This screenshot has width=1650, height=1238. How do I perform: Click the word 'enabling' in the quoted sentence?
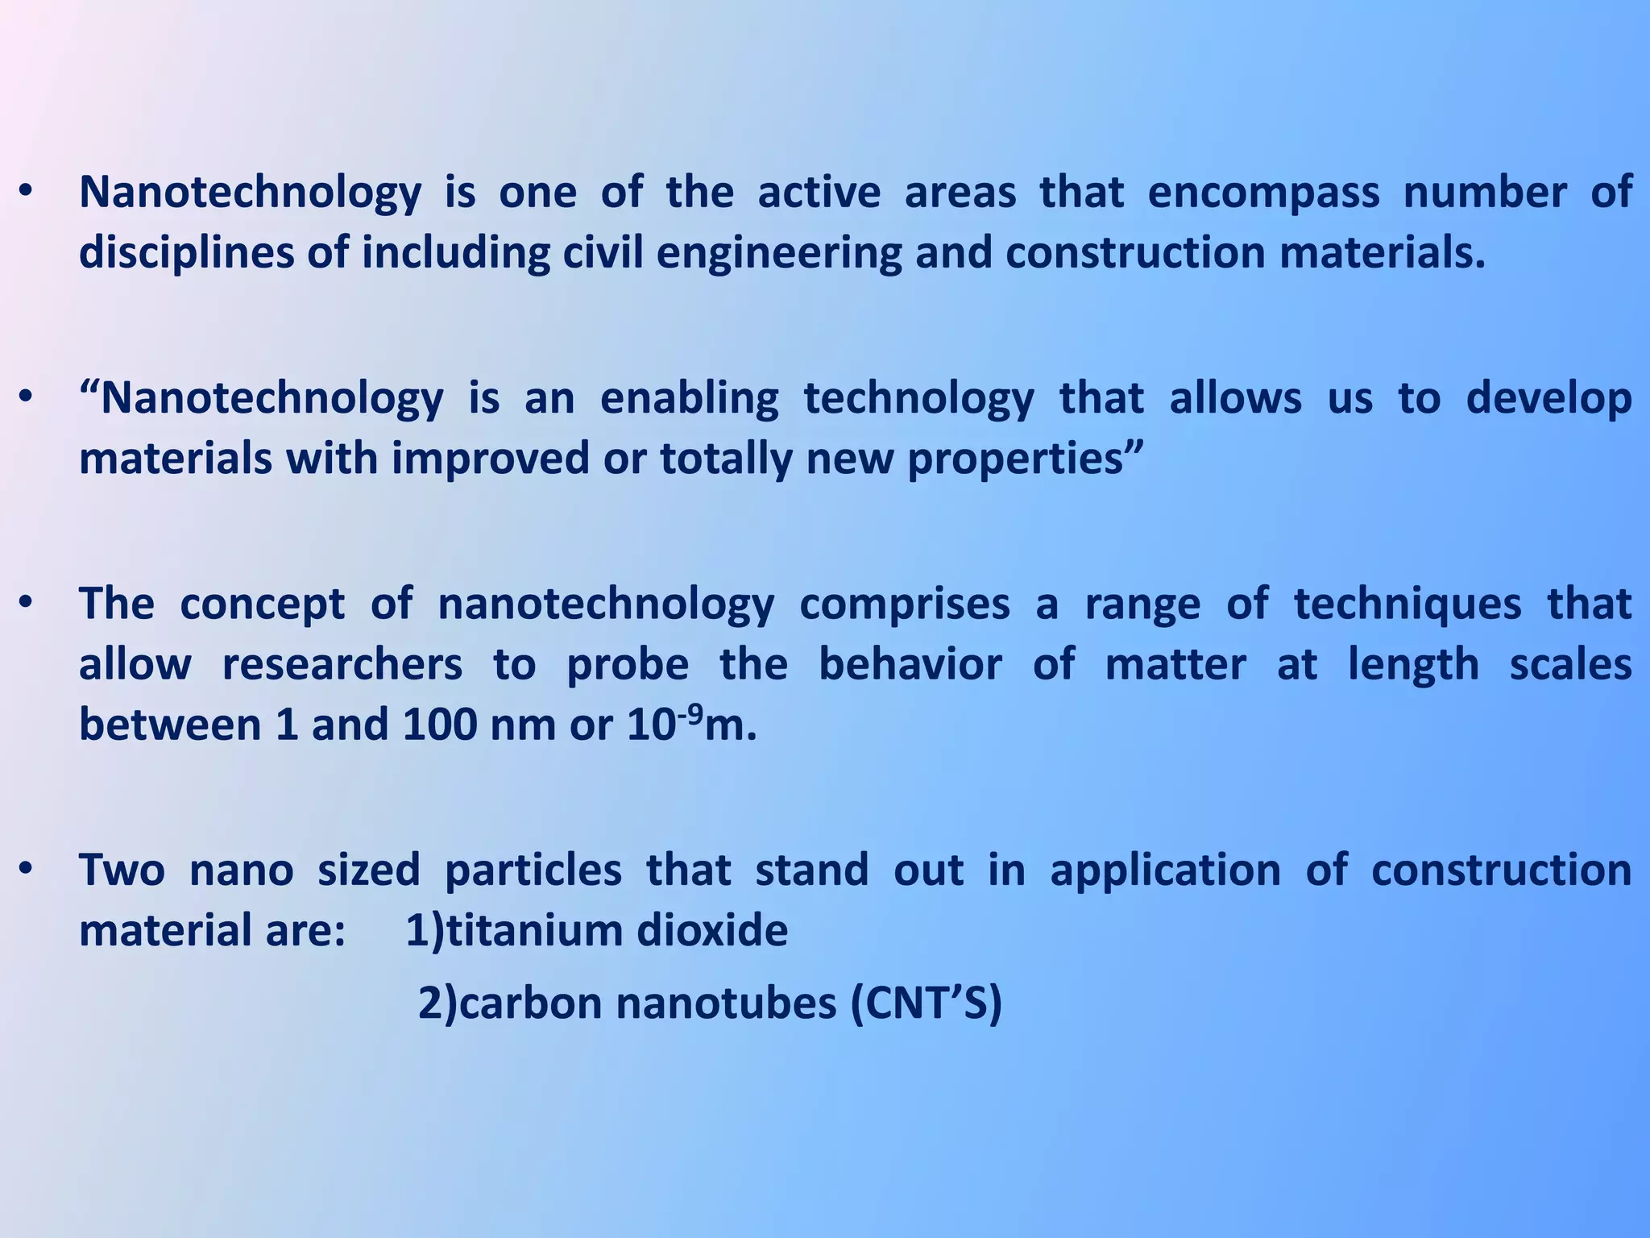point(690,399)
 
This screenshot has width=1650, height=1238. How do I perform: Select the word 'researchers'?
point(342,666)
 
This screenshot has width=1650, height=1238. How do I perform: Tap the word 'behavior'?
point(910,666)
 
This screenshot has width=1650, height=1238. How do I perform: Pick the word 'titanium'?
point(533,931)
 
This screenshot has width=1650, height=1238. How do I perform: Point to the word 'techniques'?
point(1407,604)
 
